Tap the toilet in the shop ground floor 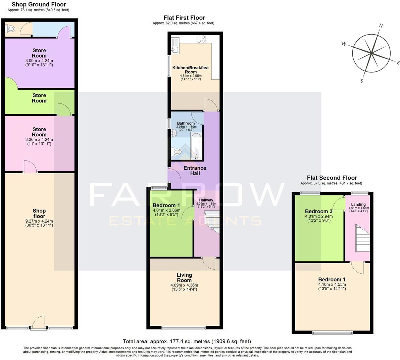[11, 30]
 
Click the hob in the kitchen [201, 39]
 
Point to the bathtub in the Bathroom [196, 145]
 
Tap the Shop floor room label [39, 213]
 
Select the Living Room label [184, 277]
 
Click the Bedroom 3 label [318, 211]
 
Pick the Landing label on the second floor [358, 205]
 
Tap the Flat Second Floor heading [332, 178]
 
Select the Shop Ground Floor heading [39, 4]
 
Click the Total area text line [187, 341]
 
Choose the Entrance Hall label [195, 171]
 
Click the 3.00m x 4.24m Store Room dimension [39, 61]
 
